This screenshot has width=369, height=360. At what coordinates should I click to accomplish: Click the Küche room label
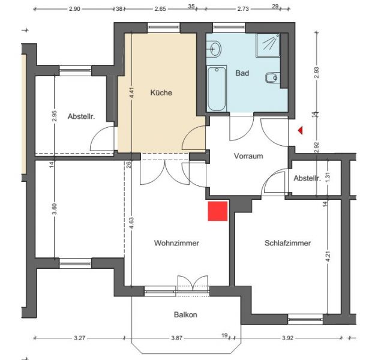coord(161,92)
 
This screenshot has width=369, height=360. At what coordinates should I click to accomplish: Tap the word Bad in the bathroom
coord(242,73)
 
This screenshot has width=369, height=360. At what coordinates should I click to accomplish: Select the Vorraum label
coord(248,156)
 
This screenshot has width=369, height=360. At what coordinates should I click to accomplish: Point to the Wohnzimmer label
coord(176,243)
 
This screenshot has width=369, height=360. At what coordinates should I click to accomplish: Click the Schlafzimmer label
coord(287,243)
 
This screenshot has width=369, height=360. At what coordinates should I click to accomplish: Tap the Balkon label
coord(185,314)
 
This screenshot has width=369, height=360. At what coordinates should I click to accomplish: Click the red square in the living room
coord(217,211)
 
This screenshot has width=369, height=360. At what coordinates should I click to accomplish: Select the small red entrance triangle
coord(300,130)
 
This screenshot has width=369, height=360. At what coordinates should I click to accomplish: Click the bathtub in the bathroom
coord(217,89)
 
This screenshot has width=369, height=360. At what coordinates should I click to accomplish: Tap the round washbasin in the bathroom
coord(215,49)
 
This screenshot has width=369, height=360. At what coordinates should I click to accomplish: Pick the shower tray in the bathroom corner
coord(268,45)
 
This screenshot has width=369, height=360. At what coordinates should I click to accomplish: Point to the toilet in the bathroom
coord(272,77)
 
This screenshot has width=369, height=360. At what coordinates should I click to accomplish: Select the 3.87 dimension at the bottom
coord(177,338)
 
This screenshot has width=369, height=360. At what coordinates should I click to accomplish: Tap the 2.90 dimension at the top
coord(74,9)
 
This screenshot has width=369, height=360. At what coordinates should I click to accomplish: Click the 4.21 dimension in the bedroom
coord(328,256)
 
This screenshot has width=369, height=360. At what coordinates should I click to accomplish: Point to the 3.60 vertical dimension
coord(55,209)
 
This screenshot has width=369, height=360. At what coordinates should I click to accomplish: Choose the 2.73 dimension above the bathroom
coord(243,9)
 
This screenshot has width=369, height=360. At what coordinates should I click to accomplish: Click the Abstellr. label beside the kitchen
coord(81,116)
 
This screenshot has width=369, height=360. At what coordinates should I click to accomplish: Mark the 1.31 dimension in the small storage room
coord(328,177)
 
